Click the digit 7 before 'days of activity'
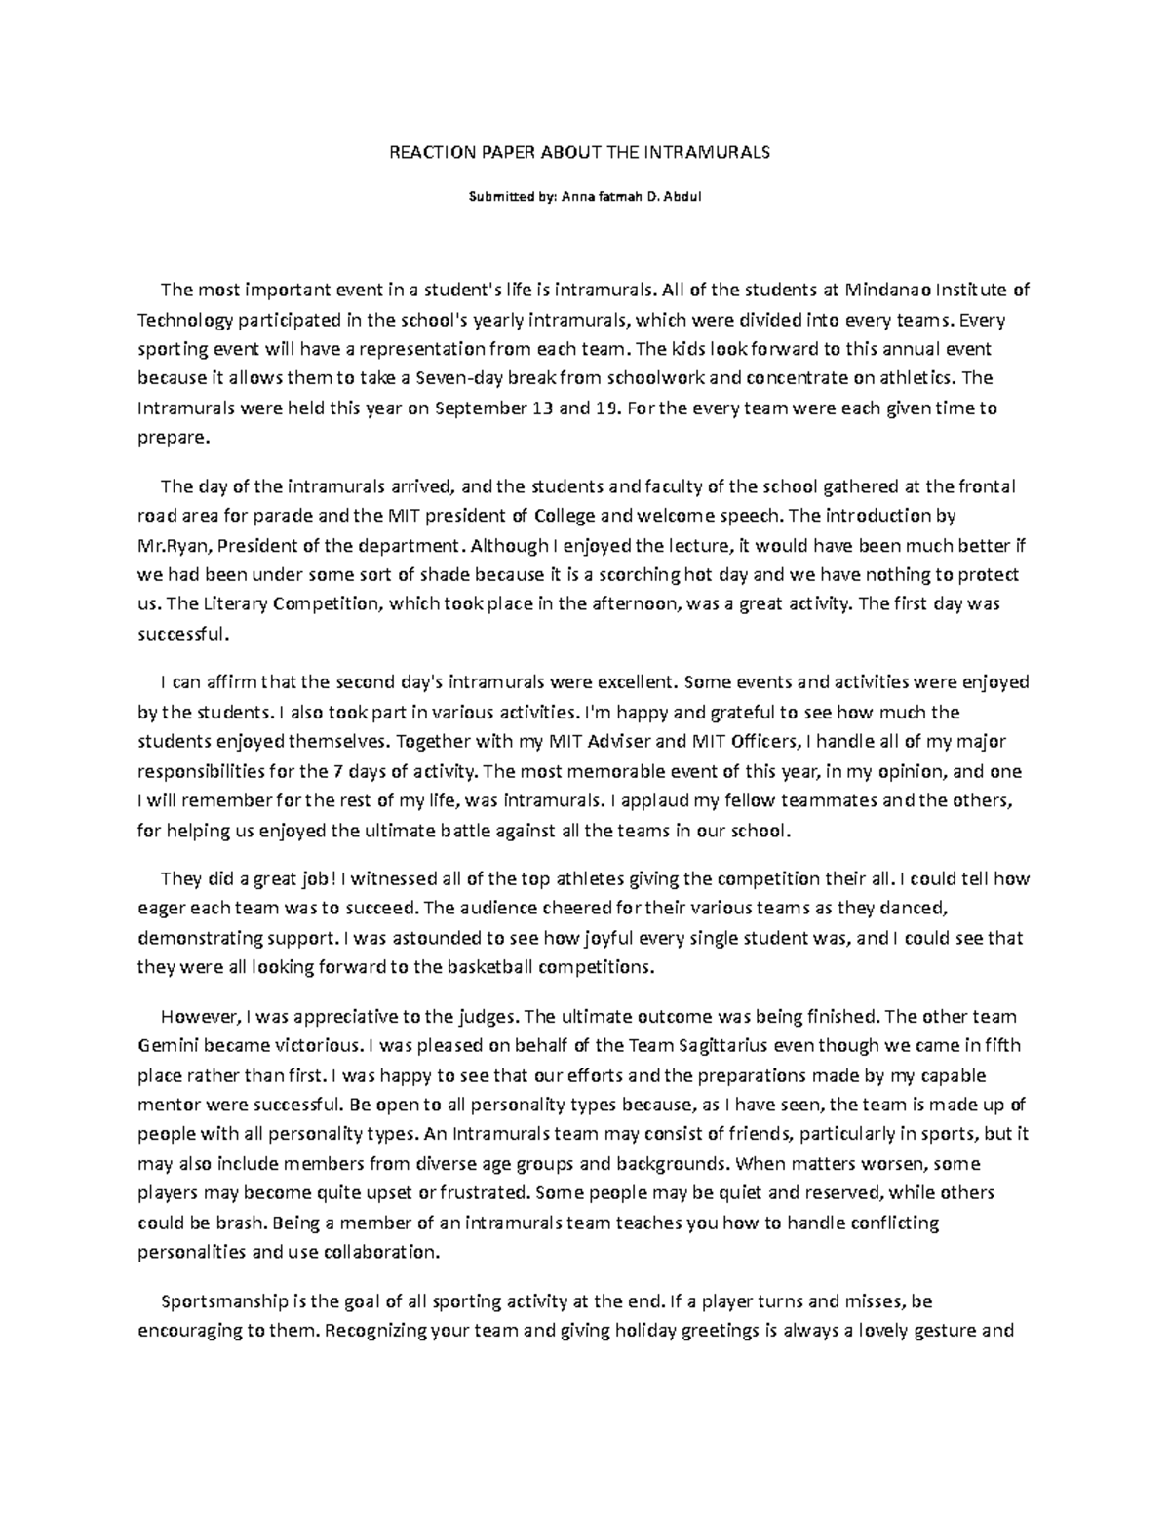[x=337, y=771]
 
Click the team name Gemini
[x=167, y=1046]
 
